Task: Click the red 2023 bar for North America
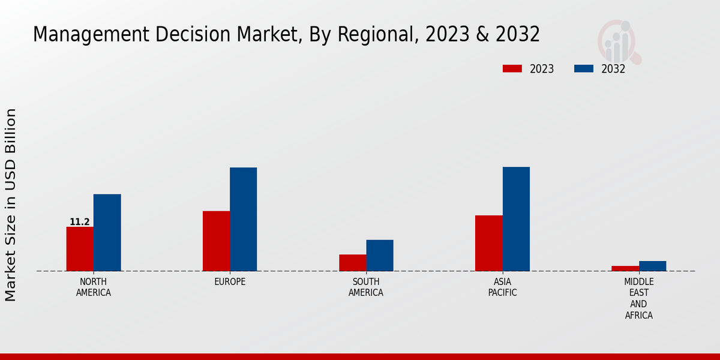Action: (x=80, y=249)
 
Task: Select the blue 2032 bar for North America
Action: (x=107, y=233)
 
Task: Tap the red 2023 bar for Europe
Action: (x=216, y=241)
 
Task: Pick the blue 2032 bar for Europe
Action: (x=243, y=219)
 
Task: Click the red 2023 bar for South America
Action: (x=352, y=263)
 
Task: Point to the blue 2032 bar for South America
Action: (x=380, y=256)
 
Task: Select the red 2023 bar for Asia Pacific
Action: (x=488, y=243)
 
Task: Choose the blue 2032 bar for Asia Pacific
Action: (x=516, y=219)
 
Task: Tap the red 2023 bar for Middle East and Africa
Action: (x=625, y=268)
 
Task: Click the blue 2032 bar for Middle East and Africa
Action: (x=652, y=266)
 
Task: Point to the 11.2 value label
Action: (x=80, y=222)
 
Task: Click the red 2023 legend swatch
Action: (x=512, y=69)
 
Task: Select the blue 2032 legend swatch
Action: (x=584, y=69)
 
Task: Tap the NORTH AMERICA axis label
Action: (x=94, y=287)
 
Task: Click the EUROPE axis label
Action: (x=230, y=282)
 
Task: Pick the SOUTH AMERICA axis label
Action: (x=366, y=287)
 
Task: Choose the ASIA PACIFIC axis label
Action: (x=502, y=287)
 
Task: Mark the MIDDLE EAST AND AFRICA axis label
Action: (x=638, y=299)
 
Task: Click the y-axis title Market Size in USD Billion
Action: (x=11, y=205)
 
